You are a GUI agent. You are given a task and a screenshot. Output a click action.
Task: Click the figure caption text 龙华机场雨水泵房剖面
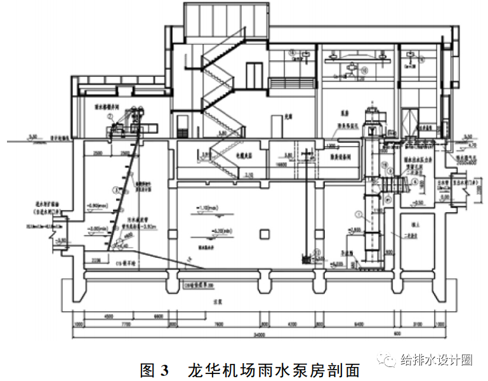(x=274, y=370)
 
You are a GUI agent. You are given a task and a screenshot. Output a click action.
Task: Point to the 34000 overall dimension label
(x=258, y=335)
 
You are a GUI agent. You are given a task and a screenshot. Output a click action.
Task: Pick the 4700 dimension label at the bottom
(x=294, y=325)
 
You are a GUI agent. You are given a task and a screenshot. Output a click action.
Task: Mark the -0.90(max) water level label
(x=95, y=206)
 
